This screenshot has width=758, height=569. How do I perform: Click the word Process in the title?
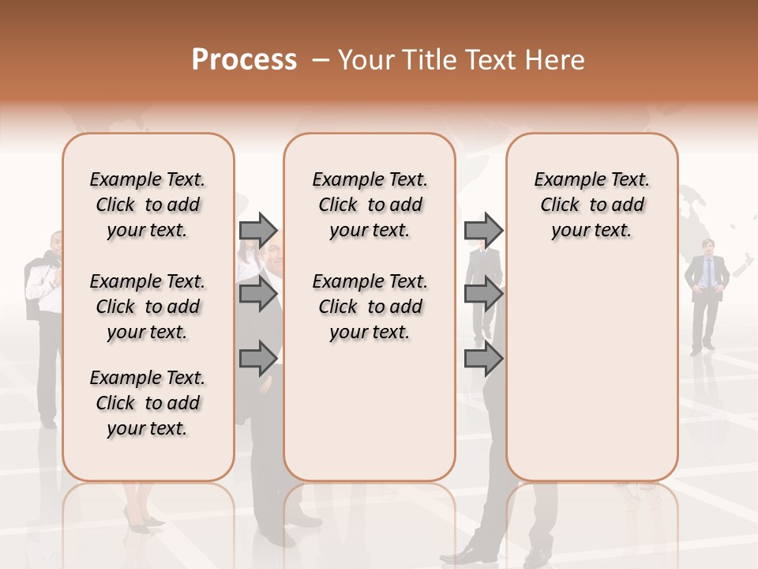[x=244, y=60]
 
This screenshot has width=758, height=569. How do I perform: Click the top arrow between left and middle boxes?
[x=258, y=230]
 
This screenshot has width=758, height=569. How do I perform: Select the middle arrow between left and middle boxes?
[x=258, y=295]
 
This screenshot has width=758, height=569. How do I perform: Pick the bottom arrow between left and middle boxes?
[x=258, y=358]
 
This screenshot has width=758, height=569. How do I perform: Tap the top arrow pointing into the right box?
[x=483, y=230]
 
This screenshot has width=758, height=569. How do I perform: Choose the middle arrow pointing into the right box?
[x=483, y=295]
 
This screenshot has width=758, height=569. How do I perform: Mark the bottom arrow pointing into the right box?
[x=483, y=358]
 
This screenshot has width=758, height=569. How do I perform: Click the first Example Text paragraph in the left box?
[x=148, y=205]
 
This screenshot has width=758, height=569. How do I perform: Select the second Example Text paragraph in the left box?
[x=148, y=307]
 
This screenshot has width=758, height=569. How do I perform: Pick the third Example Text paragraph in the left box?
[x=148, y=403]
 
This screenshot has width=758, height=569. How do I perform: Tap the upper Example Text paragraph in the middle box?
[x=370, y=205]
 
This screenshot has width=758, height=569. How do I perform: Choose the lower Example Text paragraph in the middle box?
[x=370, y=307]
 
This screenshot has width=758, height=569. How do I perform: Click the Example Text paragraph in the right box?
[x=592, y=205]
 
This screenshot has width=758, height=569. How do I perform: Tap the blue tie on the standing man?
[x=707, y=273]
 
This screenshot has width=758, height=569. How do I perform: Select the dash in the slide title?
[x=320, y=60]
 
